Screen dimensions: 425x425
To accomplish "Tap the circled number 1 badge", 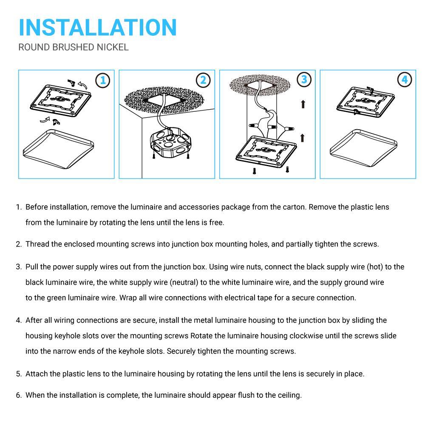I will (102, 80).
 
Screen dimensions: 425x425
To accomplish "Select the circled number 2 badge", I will (203, 80).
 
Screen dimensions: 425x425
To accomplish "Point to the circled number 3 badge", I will (304, 79).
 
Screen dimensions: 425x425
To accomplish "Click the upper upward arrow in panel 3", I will (303, 103).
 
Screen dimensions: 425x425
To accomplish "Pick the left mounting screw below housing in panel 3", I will (254, 171).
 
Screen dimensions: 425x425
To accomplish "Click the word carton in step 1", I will (293, 207).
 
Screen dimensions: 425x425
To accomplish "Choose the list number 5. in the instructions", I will (19, 374).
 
